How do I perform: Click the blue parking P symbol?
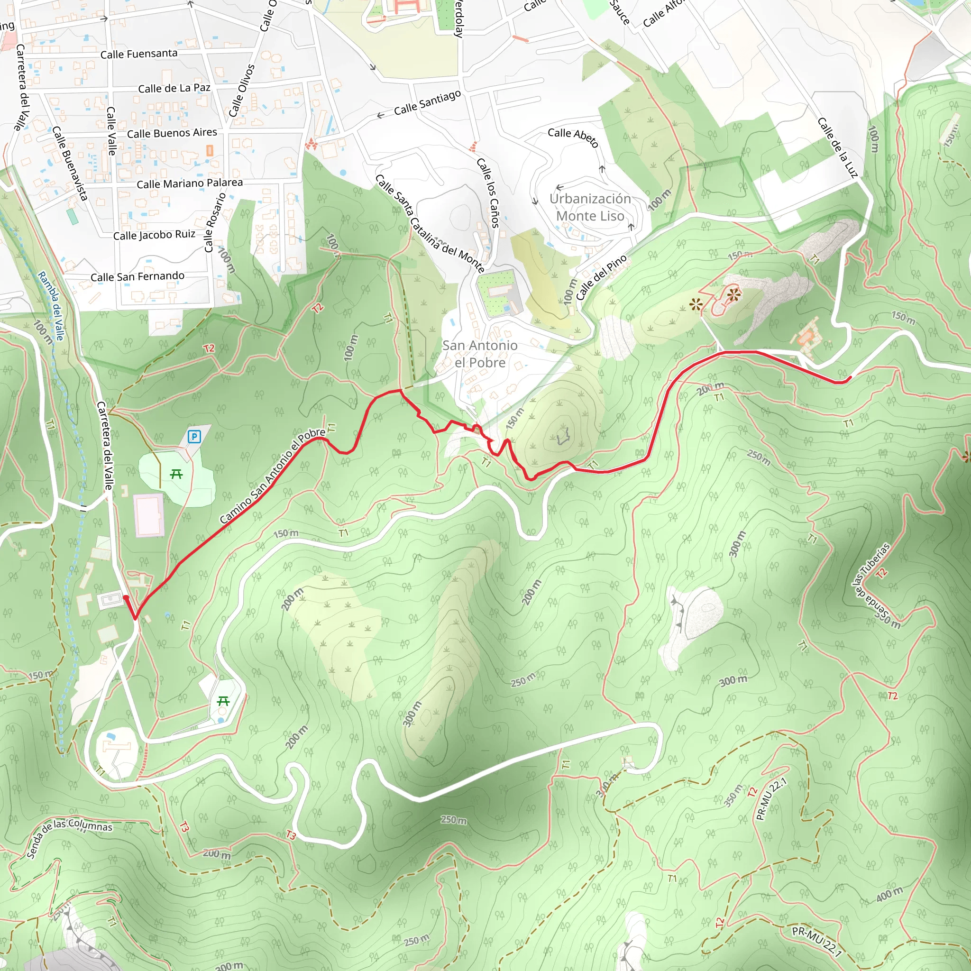point(194,437)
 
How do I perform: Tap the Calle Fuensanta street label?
point(139,54)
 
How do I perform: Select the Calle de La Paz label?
point(174,89)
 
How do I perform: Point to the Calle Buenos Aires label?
point(172,133)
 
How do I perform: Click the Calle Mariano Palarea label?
point(190,183)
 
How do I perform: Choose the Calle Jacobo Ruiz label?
point(154,235)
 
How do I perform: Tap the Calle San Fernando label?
point(137,276)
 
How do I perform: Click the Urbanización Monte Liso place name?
point(590,207)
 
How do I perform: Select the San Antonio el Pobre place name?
point(479,354)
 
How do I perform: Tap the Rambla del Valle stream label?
point(51,306)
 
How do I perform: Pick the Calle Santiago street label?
point(427,102)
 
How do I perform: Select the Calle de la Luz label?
point(837,147)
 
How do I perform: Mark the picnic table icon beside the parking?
point(176,474)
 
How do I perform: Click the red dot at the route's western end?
point(126,597)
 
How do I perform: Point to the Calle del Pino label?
point(602,277)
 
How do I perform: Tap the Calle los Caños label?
point(488,192)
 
